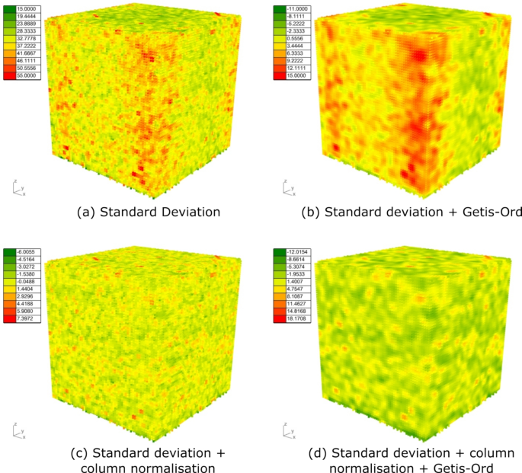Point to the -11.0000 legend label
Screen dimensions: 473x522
293,8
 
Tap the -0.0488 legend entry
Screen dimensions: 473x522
27,283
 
